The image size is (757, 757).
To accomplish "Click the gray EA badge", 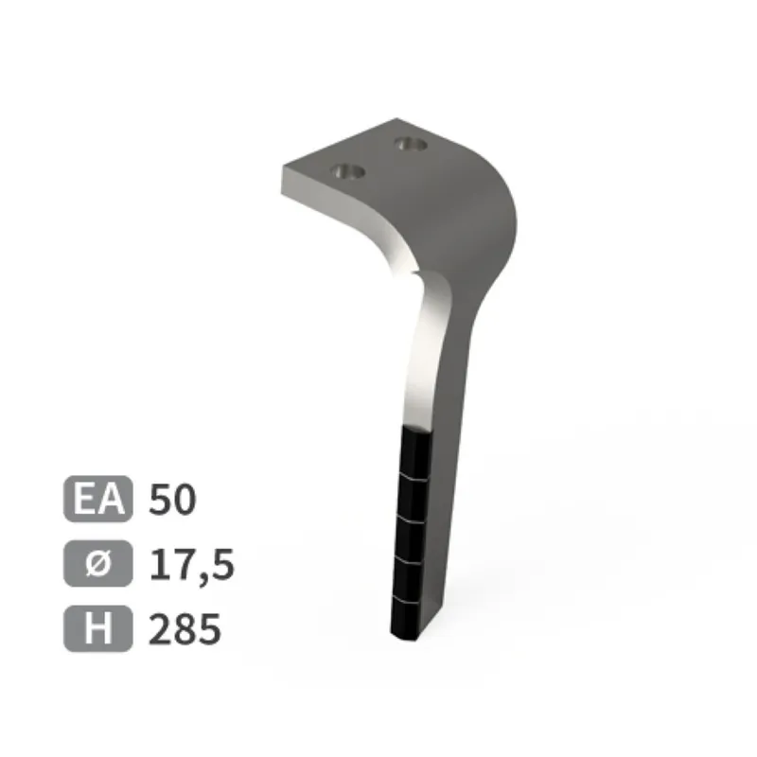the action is click(x=98, y=499).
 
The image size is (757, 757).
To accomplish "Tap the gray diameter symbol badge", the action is click(x=98, y=563).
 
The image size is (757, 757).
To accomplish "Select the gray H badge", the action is click(x=98, y=628).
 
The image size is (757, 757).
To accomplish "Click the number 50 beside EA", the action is click(x=172, y=500).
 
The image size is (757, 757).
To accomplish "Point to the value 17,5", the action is click(x=192, y=565).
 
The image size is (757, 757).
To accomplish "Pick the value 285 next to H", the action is click(x=185, y=628).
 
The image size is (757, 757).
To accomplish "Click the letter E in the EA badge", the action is click(x=85, y=499).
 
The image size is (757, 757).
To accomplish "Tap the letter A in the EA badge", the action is click(x=112, y=499).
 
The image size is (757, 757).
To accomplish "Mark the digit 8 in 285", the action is click(x=185, y=628).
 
